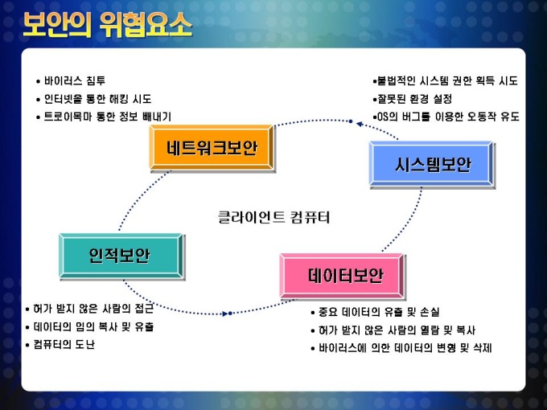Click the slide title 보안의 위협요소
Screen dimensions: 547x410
tap(108, 25)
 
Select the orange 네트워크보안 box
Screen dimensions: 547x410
tap(212, 147)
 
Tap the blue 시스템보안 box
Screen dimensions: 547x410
tap(431, 164)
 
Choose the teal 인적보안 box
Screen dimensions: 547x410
tap(121, 256)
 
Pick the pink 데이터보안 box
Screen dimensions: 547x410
tap(342, 276)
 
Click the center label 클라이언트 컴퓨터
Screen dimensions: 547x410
tap(273, 217)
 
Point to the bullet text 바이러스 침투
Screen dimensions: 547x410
tap(74, 81)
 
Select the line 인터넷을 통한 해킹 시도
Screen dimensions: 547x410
tap(97, 99)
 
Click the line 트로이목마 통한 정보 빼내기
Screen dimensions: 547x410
tap(108, 117)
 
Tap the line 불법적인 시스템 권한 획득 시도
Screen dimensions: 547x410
tap(447, 81)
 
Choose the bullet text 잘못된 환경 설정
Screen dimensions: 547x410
tap(415, 99)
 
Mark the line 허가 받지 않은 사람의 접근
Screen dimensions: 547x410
tap(93, 309)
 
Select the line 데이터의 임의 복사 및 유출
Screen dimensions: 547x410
tap(93, 326)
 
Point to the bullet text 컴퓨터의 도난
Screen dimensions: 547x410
tap(64, 344)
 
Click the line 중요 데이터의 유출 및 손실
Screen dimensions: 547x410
tap(379, 312)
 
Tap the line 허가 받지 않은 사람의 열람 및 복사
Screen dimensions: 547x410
tap(397, 330)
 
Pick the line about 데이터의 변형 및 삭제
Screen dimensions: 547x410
tap(405, 347)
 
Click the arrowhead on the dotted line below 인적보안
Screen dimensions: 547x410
tap(225, 314)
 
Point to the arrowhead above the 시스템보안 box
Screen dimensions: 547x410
tap(360, 124)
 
